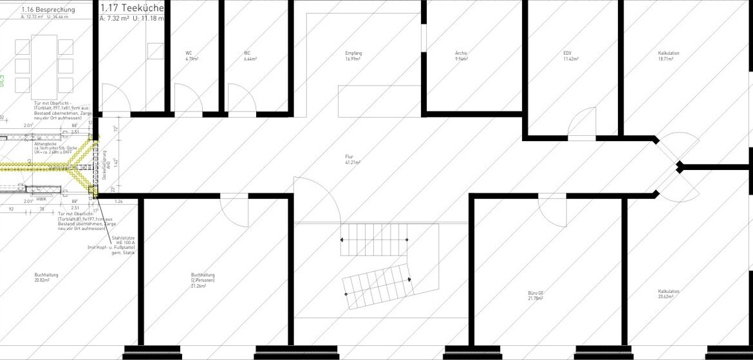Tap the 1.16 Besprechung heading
point(48,10)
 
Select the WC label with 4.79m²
point(191,56)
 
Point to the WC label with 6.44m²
point(250,56)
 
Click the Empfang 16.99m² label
point(352,56)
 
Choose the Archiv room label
point(461,56)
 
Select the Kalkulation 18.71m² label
point(669,56)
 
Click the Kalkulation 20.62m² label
point(669,294)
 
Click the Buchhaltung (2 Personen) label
point(202,278)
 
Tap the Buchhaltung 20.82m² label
point(46,278)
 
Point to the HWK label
point(41,200)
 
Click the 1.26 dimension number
point(118,202)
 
